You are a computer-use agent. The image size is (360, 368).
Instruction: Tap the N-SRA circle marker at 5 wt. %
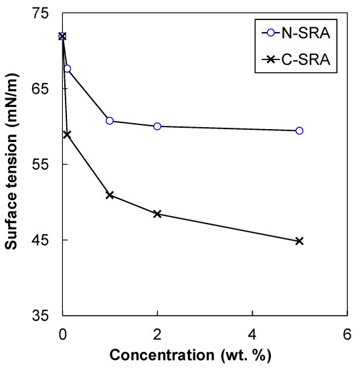tap(299, 130)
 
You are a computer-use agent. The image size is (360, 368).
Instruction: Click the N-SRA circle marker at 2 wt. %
tap(157, 126)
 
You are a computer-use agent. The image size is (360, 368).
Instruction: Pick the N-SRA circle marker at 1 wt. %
tap(110, 120)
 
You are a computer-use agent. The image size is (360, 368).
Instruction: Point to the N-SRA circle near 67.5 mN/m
tap(67, 69)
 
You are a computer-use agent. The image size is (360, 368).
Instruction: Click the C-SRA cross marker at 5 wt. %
tap(299, 241)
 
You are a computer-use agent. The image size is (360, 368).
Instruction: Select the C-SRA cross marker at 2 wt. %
tap(157, 214)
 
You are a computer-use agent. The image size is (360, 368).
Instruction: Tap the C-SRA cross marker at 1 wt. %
tap(110, 195)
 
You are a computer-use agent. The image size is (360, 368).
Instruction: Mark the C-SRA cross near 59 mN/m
tap(67, 134)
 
